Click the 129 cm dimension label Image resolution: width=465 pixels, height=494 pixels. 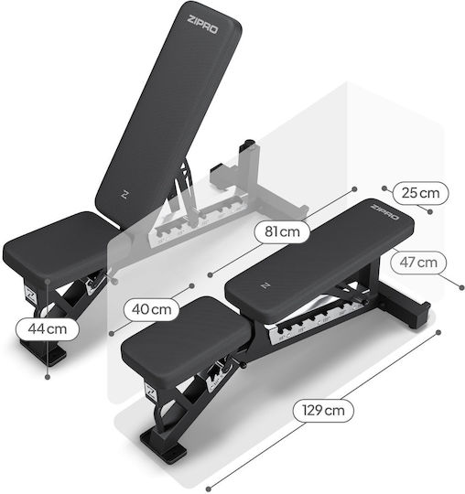[323, 410]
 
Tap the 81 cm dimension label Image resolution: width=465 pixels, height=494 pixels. [282, 231]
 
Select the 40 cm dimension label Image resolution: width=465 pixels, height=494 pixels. [152, 309]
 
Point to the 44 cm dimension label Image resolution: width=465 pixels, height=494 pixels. [48, 329]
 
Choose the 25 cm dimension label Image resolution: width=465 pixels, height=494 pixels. [420, 193]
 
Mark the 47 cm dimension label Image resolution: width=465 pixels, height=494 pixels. [418, 263]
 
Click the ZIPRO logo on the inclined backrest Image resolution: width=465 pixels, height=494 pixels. [202, 25]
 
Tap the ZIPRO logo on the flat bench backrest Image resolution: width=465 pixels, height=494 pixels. [384, 211]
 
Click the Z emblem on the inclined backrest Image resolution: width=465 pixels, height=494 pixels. [125, 194]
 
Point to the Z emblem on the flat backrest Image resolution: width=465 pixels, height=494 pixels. [265, 285]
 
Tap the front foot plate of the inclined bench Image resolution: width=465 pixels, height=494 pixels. [43, 351]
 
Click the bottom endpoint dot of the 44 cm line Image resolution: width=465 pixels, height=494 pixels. [48, 377]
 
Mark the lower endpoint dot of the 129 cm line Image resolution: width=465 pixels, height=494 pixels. [209, 489]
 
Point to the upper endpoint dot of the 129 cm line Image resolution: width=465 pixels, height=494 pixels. [438, 332]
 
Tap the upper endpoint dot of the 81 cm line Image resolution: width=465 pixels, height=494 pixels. [354, 189]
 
